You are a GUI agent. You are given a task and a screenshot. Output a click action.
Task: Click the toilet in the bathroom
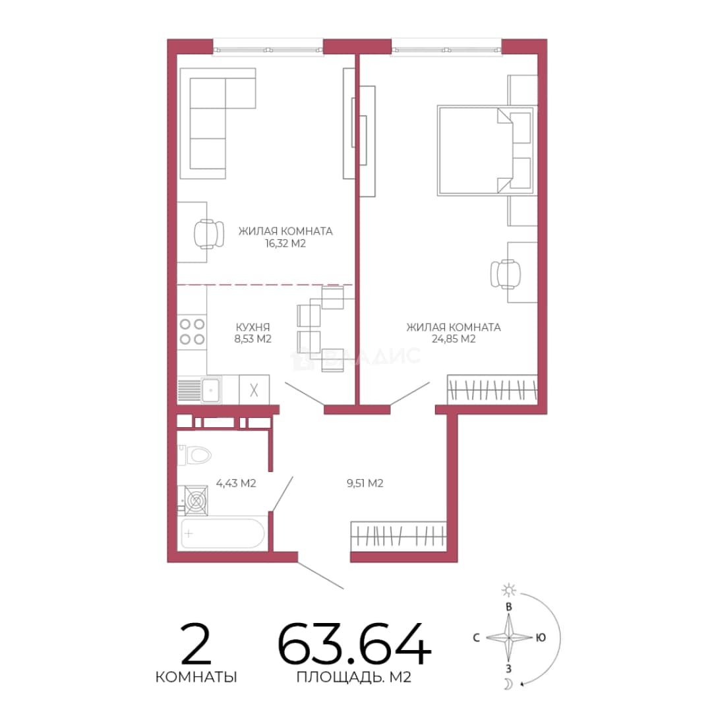[x=195, y=455]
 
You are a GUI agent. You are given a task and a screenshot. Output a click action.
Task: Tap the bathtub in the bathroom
[x=223, y=534]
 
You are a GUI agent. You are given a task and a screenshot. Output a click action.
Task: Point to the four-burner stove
[x=192, y=332]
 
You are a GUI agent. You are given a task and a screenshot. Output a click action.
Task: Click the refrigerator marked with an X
[x=254, y=390]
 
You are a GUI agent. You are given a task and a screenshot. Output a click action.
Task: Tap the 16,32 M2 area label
[x=285, y=243]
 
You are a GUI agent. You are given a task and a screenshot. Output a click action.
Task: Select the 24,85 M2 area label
[x=453, y=339]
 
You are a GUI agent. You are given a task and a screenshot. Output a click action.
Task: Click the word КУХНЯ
[x=252, y=327]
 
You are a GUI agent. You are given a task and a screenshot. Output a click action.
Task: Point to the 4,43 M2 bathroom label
[x=235, y=483]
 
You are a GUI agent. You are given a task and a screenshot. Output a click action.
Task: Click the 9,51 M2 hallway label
[x=365, y=483]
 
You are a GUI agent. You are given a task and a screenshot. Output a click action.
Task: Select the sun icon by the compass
[x=508, y=590]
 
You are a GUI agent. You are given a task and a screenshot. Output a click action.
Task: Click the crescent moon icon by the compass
[x=508, y=684]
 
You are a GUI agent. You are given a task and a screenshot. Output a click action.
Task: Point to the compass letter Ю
[x=541, y=638]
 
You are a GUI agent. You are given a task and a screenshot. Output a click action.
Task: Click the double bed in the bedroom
[x=485, y=151]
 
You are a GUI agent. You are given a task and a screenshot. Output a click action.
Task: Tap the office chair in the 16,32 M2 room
[x=209, y=234]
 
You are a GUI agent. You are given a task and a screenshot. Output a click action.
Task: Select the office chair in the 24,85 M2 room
[x=506, y=274]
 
